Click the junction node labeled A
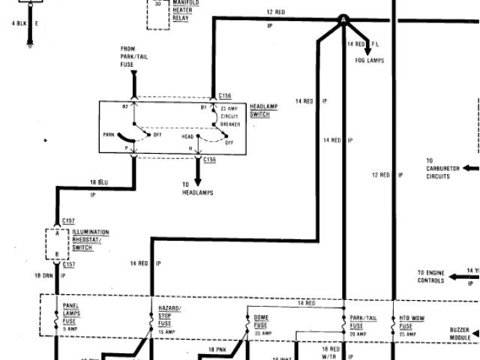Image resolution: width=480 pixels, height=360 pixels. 343,19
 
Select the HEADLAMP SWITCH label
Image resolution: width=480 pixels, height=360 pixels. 263,110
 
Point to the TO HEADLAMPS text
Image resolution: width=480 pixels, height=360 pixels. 198,189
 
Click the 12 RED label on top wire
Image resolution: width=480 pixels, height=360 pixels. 275,13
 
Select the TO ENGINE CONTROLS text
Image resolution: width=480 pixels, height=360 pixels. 431,276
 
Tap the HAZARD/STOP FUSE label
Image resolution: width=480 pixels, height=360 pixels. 169,318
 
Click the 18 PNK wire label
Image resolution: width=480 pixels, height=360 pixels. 217,349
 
